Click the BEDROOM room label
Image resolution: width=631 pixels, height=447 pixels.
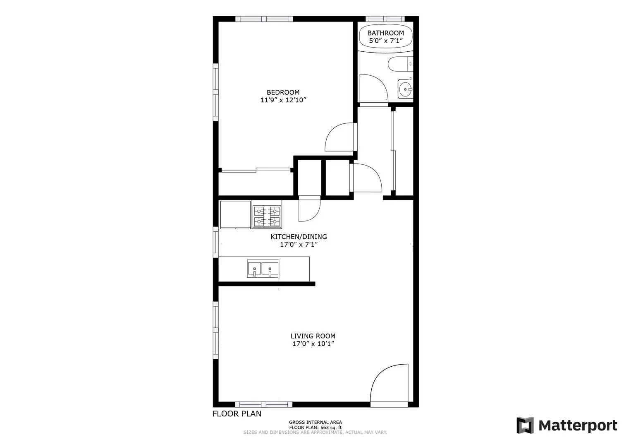pyautogui.click(x=283, y=92)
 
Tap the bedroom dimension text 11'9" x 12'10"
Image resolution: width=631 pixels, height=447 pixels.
pyautogui.click(x=283, y=100)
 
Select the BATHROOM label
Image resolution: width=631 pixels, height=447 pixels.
pyautogui.click(x=385, y=33)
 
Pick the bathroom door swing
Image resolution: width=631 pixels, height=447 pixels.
pyautogui.click(x=372, y=88)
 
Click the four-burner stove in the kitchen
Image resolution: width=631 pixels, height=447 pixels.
pyautogui.click(x=267, y=217)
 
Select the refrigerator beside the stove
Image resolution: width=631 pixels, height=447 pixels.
pyautogui.click(x=235, y=214)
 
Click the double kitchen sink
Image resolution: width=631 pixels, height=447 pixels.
pyautogui.click(x=263, y=269)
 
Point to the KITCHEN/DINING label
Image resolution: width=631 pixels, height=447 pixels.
pyautogui.click(x=299, y=237)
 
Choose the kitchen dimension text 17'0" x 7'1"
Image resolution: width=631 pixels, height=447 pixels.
pyautogui.click(x=299, y=245)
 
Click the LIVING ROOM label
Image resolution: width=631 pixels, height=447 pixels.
pyautogui.click(x=313, y=336)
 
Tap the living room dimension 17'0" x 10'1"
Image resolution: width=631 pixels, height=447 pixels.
pyautogui.click(x=313, y=344)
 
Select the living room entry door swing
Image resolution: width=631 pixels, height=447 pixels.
pyautogui.click(x=389, y=383)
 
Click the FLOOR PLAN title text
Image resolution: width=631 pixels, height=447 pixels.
pyautogui.click(x=237, y=413)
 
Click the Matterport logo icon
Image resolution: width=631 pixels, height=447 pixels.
pyautogui.click(x=525, y=425)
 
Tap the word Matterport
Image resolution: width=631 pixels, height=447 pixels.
pyautogui.click(x=578, y=425)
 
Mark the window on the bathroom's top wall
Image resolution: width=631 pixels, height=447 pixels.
pyautogui.click(x=385, y=19)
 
